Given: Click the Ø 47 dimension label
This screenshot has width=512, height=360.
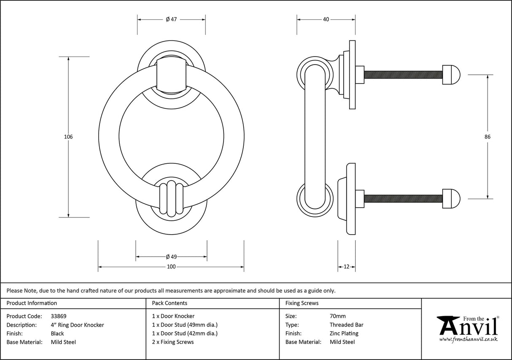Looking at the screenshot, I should [171, 19].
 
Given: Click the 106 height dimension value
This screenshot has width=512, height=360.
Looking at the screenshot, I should [68, 137].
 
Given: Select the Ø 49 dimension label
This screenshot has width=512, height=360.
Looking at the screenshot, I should [171, 257].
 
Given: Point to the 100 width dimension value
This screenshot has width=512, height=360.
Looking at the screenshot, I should [171, 267].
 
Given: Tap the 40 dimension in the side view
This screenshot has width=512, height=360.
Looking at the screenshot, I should [326, 19].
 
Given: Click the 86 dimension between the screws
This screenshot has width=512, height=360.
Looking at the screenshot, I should [488, 137].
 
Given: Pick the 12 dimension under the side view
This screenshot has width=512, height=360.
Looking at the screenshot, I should [347, 267].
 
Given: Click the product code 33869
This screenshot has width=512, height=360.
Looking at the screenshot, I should [58, 316].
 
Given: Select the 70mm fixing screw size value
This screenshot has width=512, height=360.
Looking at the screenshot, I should [337, 316].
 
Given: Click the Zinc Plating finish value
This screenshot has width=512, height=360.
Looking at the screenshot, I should [344, 333].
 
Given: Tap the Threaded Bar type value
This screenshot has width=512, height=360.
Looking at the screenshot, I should [346, 325].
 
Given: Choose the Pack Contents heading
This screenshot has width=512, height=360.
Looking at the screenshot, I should [170, 303].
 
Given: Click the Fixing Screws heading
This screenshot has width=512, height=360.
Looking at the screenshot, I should [302, 303].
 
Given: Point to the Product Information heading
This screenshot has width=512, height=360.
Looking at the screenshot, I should [32, 303].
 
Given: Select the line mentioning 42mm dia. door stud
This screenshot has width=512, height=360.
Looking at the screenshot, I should [185, 333].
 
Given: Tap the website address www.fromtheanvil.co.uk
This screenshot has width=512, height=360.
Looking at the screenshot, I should [469, 339].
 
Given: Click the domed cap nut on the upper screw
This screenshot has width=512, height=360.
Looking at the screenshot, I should [451, 75].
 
